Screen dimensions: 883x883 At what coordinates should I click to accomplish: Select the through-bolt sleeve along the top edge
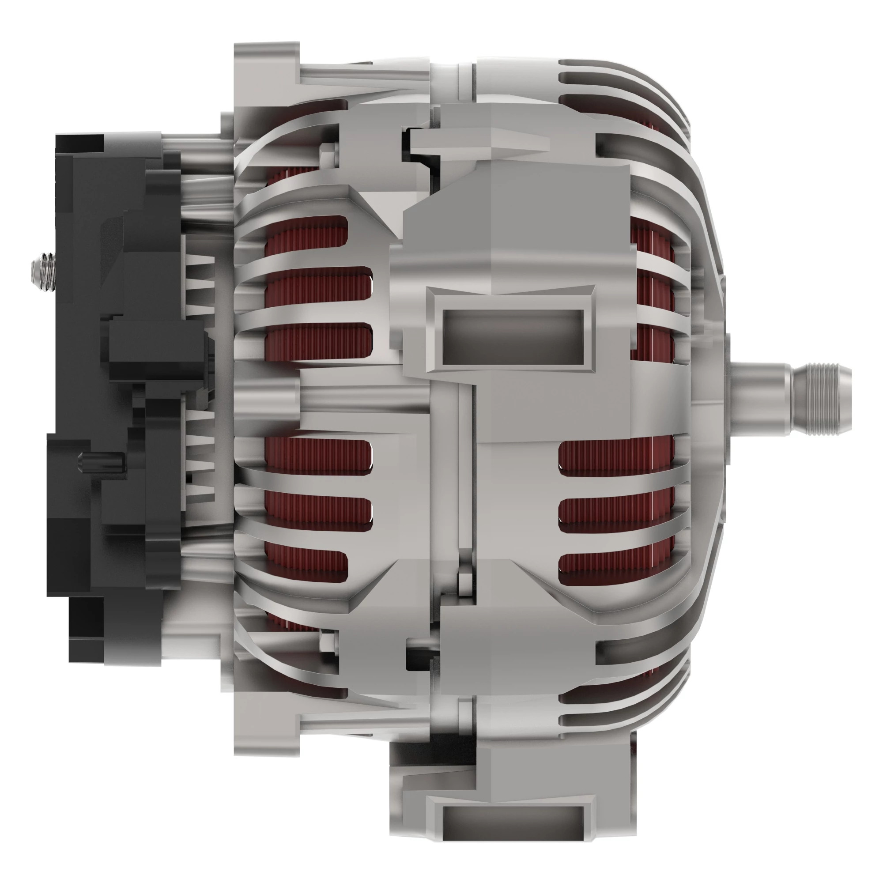(x=366, y=75)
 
